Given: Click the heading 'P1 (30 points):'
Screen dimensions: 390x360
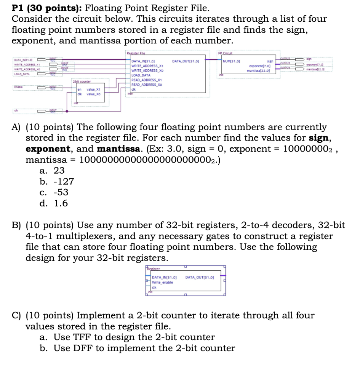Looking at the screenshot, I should pos(46,8).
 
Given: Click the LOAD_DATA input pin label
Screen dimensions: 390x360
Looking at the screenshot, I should pos(22,74).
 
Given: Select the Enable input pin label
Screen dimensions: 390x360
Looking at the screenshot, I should pos(19,87).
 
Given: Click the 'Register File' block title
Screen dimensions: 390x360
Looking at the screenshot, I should pos(136,54).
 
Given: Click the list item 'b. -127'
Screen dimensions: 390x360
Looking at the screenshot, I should pos(57,182).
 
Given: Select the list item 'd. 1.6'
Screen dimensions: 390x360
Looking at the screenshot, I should pos(54,203).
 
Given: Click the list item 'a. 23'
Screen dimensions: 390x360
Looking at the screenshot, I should pos(52,171).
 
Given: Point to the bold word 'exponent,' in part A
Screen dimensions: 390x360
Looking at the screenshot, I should pos(48,149).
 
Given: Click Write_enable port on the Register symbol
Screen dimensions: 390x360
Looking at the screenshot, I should pos(162,282).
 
